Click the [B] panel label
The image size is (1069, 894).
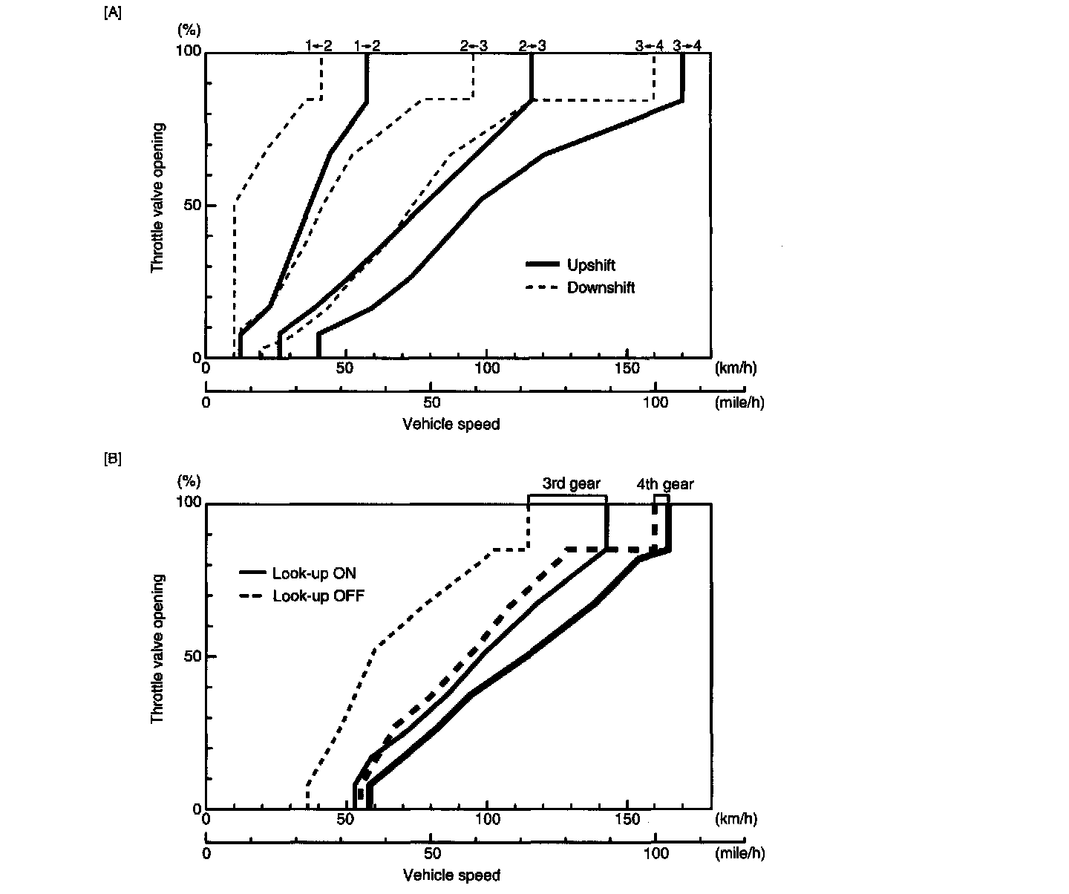(112, 459)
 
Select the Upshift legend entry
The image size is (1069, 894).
(591, 265)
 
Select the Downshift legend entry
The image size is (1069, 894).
(601, 287)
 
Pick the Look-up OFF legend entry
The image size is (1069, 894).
(318, 596)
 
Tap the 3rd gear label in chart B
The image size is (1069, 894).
(570, 483)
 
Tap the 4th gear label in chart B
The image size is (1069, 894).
(664, 484)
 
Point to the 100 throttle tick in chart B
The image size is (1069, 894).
(189, 502)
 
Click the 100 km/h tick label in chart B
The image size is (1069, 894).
(487, 820)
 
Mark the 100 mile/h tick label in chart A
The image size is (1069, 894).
(655, 403)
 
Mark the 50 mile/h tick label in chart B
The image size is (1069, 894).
(431, 853)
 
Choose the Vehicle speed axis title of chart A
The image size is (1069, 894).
(451, 424)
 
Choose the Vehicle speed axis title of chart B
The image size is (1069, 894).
(451, 875)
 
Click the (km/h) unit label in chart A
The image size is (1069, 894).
(736, 368)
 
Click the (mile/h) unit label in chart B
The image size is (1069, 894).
(739, 853)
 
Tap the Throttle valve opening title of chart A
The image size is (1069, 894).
(157, 197)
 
